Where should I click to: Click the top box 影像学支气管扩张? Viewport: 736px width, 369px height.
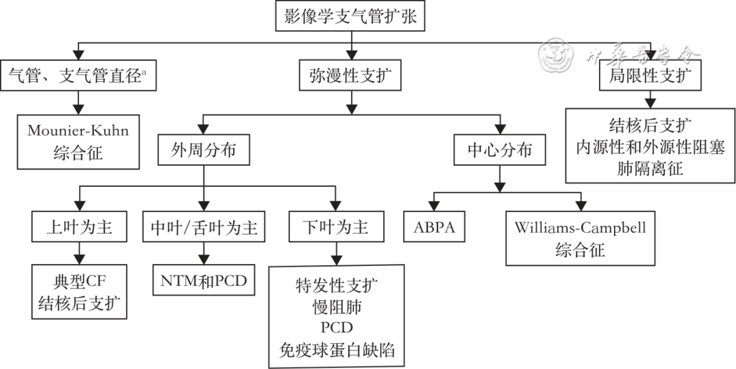click(350, 17)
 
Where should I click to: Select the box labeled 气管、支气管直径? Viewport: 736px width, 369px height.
click(80, 76)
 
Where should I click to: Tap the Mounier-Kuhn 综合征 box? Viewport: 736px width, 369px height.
click(78, 141)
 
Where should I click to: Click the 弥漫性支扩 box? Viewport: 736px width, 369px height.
click(350, 76)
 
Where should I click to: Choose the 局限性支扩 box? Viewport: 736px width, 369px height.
click(649, 76)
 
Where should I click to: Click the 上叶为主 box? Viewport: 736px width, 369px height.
click(80, 226)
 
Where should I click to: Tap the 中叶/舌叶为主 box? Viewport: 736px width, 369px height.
click(204, 226)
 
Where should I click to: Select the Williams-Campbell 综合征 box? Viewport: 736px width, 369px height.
click(580, 237)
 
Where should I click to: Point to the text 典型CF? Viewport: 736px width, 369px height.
click(80, 280)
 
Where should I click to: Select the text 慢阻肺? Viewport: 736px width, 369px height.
click(337, 306)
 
